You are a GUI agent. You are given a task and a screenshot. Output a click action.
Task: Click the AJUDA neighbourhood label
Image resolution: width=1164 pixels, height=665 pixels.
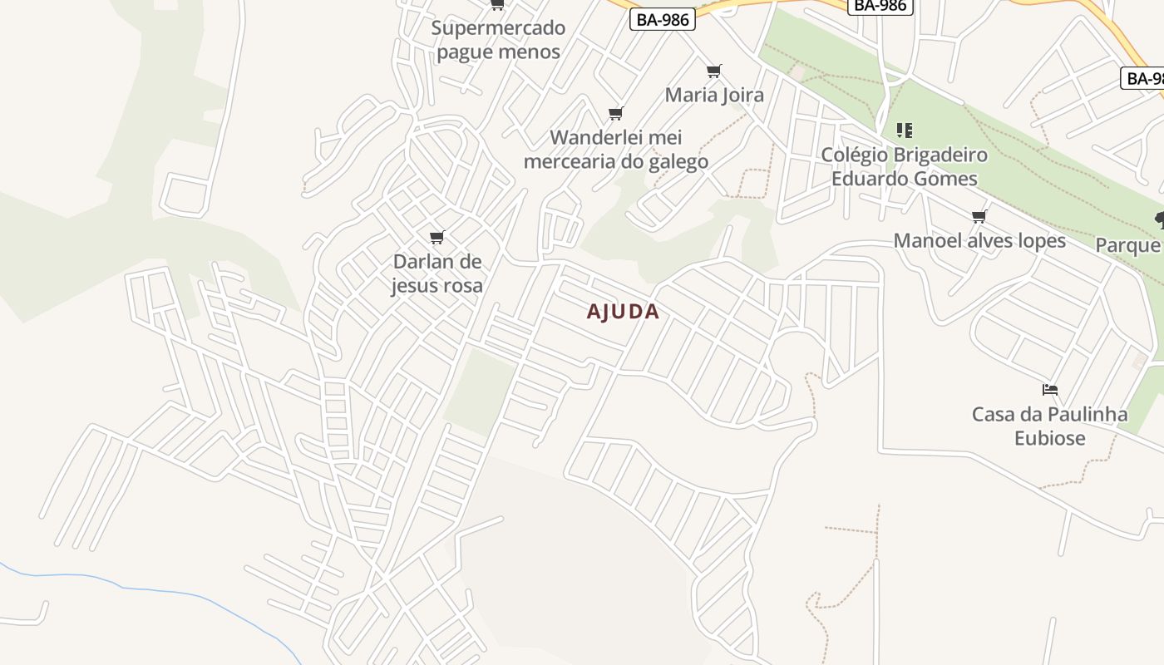click(623, 312)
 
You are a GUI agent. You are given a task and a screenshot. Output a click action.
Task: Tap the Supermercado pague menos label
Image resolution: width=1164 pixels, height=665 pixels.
click(498, 40)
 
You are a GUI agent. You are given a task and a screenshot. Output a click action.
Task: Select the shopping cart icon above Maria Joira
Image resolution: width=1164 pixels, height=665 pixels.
click(714, 71)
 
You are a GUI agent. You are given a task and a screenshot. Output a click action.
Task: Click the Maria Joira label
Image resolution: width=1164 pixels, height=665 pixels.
click(714, 95)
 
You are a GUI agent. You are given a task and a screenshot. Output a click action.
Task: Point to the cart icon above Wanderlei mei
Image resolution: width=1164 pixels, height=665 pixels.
click(616, 114)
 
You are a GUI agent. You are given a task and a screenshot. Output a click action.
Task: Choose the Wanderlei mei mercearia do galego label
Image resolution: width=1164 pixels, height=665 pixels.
click(616, 150)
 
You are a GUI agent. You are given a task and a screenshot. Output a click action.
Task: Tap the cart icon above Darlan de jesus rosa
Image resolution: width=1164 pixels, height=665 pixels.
click(437, 238)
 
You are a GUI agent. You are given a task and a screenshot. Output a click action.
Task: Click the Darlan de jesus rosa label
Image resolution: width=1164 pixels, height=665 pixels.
click(437, 273)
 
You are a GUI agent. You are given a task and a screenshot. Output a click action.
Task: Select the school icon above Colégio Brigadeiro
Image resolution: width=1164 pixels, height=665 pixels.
click(905, 131)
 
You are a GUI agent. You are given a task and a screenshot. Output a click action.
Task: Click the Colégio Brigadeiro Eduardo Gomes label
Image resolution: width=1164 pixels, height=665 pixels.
click(905, 167)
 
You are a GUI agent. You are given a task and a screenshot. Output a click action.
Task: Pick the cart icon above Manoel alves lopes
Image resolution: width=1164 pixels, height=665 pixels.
click(979, 217)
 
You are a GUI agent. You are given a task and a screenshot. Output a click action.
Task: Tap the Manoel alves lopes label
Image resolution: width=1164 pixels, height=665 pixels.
click(979, 241)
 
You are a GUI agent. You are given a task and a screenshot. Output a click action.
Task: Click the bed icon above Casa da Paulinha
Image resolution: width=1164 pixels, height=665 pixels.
click(1050, 390)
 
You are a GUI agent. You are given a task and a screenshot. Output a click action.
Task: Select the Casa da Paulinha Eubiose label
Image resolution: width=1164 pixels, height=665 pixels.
click(1050, 426)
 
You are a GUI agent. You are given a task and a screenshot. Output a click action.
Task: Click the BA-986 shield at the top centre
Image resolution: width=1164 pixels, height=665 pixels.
click(880, 6)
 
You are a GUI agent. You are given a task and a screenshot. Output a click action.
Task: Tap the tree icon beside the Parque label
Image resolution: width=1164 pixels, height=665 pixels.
click(1159, 219)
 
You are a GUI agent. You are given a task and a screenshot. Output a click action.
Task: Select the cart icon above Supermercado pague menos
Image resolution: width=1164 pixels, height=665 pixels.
click(497, 5)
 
